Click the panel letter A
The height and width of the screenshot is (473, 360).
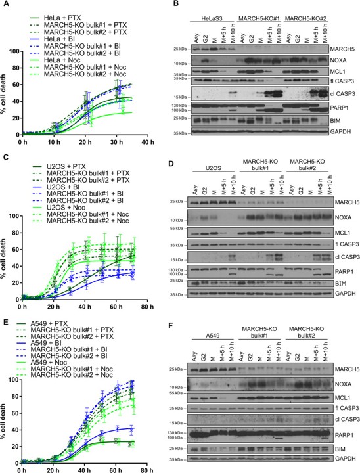tap(5, 6)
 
